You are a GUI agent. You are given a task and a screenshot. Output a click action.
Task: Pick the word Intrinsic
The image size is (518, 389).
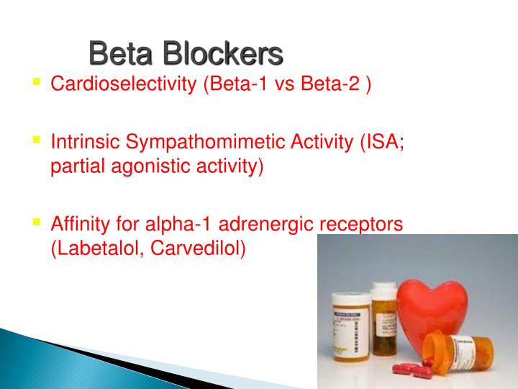(79, 141)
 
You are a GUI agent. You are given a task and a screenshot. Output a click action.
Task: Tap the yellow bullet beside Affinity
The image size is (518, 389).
(36, 221)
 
